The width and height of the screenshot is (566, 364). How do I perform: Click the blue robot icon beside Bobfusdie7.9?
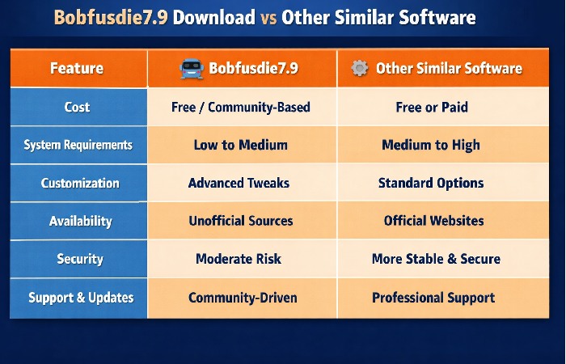[191, 68]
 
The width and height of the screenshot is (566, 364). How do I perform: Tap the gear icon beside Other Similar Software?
[360, 68]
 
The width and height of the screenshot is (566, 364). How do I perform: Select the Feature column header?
[77, 68]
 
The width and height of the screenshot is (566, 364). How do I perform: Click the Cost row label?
[78, 107]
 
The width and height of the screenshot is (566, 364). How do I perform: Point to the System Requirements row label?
[78, 146]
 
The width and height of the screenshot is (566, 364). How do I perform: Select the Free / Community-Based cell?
[241, 107]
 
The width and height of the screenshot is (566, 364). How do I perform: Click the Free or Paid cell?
[430, 107]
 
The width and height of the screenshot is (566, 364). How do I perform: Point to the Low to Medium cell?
[241, 146]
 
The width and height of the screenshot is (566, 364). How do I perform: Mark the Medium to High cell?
[430, 146]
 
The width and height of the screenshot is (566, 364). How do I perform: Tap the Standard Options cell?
[431, 184]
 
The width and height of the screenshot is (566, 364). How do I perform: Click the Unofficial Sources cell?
[241, 221]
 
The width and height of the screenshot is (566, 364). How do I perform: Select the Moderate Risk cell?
[240, 259]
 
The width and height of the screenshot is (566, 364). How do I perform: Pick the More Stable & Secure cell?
[436, 259]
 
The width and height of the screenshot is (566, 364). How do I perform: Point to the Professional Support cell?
[433, 298]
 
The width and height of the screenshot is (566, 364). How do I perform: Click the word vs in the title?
[266, 17]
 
